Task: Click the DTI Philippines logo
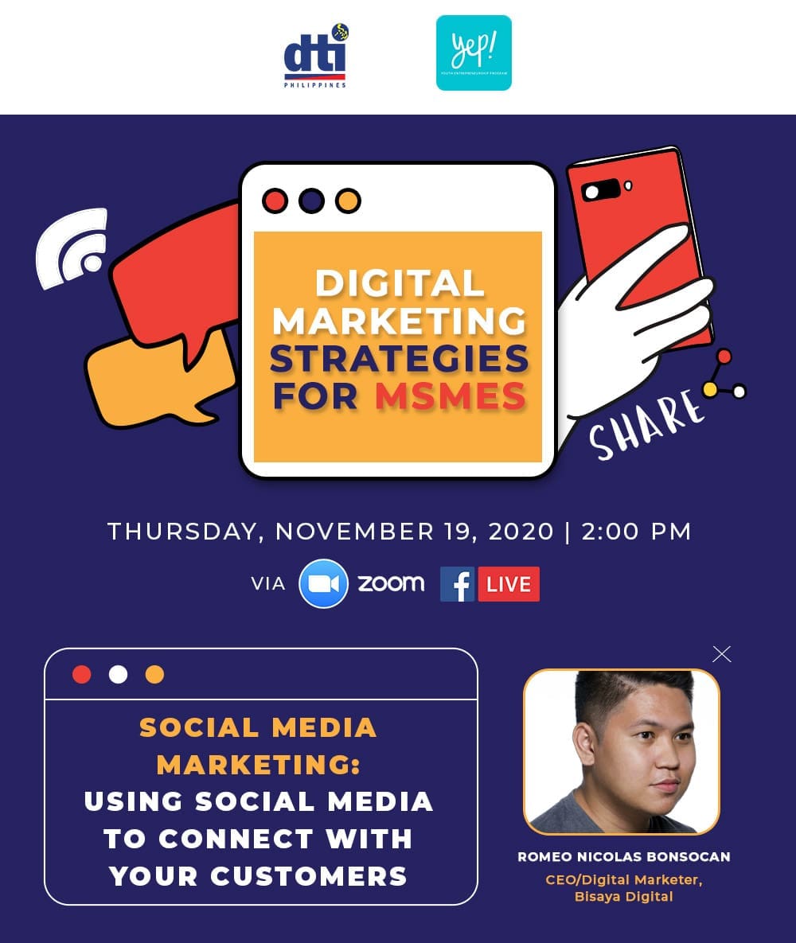point(316,56)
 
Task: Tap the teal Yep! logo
point(474,53)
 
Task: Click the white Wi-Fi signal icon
point(72,247)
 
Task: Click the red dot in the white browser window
point(275,201)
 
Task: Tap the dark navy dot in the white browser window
point(312,201)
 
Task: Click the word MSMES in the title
point(451,396)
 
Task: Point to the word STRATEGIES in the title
point(400,359)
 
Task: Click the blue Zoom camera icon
point(324,584)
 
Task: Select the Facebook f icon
point(457,584)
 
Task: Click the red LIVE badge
point(509,584)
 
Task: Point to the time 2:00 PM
point(637,532)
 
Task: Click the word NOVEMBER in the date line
point(354,532)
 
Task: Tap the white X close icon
point(721,654)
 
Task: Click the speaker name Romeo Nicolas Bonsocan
point(624,856)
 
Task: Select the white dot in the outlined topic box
point(118,674)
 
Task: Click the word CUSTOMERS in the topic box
point(309,876)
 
